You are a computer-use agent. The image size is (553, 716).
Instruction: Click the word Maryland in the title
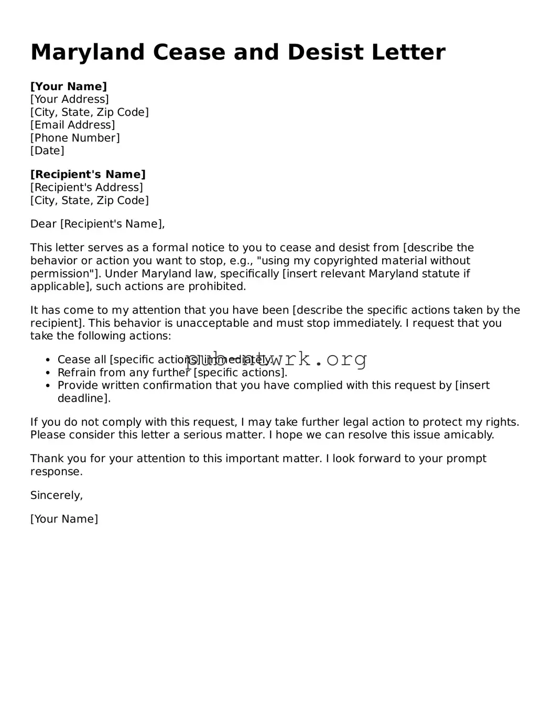[x=88, y=52]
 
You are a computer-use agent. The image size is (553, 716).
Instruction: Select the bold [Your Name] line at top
[x=69, y=87]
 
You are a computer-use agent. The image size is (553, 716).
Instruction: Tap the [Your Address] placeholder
[x=70, y=99]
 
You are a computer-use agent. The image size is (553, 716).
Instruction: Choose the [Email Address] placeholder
[x=72, y=125]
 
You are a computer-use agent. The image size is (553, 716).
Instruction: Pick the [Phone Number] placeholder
[x=75, y=138]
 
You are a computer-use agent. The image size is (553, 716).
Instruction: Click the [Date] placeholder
[x=47, y=151]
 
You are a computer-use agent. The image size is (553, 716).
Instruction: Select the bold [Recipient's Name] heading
[x=88, y=174]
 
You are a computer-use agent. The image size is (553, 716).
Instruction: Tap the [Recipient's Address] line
[x=86, y=187]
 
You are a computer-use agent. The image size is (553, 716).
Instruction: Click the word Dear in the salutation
[x=44, y=224]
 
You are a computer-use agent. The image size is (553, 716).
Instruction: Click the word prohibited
[x=217, y=286]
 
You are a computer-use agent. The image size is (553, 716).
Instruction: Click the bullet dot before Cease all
[x=48, y=360]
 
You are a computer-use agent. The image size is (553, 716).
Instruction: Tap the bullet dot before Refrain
[x=48, y=373]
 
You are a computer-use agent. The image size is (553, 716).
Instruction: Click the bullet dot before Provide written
[x=48, y=386]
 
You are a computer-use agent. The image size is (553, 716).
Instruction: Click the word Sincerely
[x=56, y=495]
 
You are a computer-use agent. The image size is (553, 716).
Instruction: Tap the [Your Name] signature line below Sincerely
[x=64, y=519]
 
